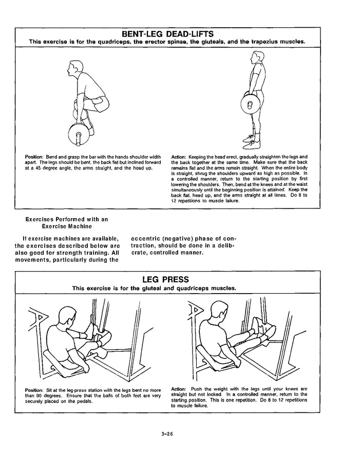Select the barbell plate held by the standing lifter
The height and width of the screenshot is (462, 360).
pos(250,105)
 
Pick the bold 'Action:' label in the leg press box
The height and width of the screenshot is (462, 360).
pos(179,389)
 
